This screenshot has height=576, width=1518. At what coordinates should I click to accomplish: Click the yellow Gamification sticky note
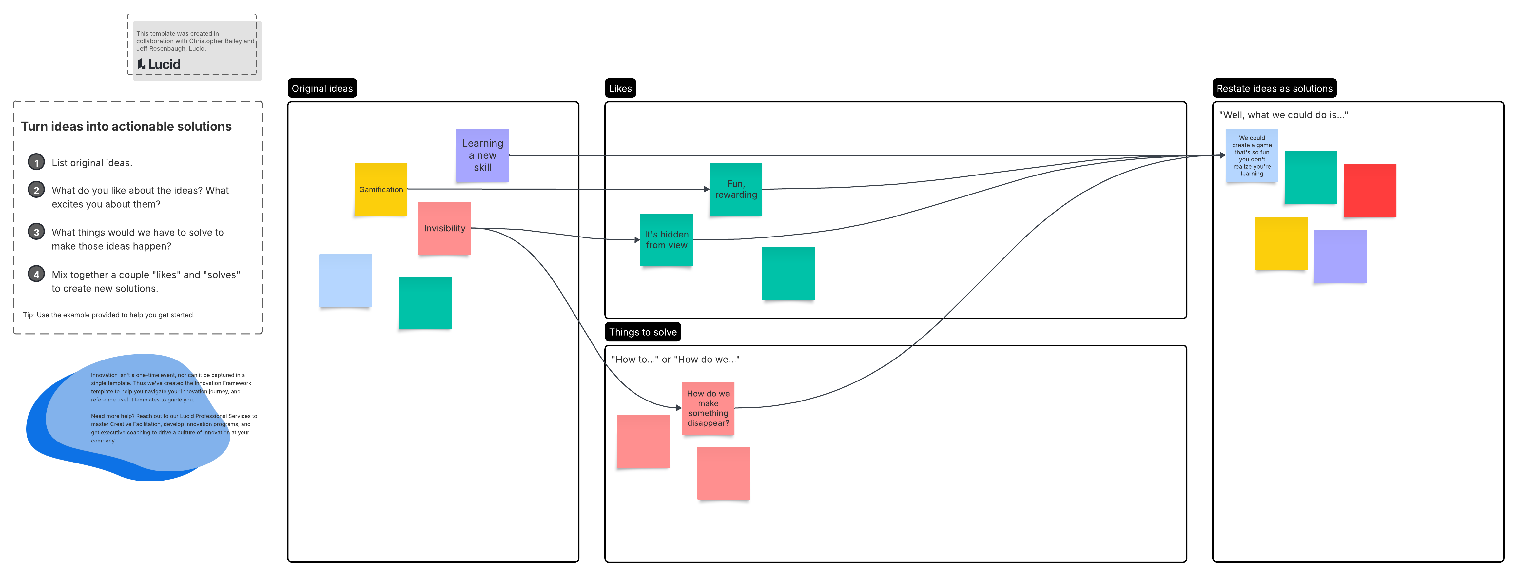click(x=381, y=189)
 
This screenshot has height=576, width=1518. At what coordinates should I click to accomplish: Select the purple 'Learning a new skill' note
click(x=482, y=155)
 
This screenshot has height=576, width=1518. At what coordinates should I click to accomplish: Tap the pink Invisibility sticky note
click(x=444, y=228)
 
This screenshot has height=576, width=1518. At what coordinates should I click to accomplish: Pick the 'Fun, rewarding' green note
click(x=735, y=189)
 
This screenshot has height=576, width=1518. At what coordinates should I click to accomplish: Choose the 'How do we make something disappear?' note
click(x=708, y=408)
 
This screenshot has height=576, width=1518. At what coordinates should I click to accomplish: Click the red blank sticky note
click(x=1370, y=191)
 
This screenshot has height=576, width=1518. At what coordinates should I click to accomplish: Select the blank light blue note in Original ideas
click(x=345, y=281)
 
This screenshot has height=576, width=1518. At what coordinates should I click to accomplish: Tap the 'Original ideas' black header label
click(x=322, y=89)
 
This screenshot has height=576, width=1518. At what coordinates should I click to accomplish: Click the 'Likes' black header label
click(x=620, y=89)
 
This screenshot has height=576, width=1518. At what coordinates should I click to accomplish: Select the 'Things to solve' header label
click(x=642, y=332)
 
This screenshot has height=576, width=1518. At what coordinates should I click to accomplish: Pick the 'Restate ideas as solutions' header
click(x=1274, y=89)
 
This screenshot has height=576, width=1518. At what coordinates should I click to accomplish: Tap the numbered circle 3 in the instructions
click(x=36, y=232)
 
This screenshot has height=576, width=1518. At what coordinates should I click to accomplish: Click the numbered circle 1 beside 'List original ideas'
click(x=36, y=163)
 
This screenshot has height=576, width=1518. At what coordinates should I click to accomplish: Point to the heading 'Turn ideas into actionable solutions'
click(x=126, y=126)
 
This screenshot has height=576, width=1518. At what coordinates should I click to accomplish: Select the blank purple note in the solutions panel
click(x=1340, y=256)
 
